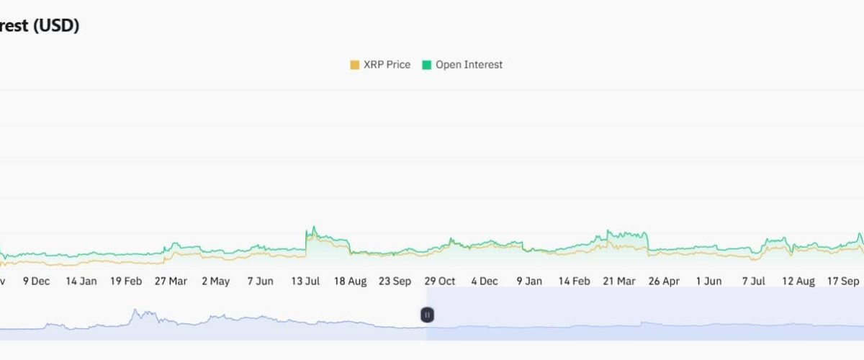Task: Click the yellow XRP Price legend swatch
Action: [x=354, y=65]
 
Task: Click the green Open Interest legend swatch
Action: [x=426, y=65]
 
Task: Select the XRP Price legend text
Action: [x=387, y=65]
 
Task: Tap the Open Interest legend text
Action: [x=469, y=65]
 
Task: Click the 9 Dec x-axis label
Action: [x=36, y=281]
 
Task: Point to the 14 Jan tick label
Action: [x=81, y=281]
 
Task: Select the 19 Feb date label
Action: [x=126, y=281]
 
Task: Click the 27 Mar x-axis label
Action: [x=171, y=281]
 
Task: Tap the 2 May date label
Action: [x=215, y=281]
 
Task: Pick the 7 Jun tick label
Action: [x=260, y=281]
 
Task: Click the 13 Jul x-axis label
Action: [x=305, y=281]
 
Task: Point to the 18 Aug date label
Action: [x=350, y=281]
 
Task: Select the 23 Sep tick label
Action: [x=395, y=281]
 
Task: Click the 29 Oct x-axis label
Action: [x=439, y=281]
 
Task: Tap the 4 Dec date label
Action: [x=484, y=281]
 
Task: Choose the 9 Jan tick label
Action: [x=529, y=281]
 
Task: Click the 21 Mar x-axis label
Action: [x=619, y=281]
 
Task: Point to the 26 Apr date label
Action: [x=664, y=281]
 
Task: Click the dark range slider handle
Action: [x=427, y=315]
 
